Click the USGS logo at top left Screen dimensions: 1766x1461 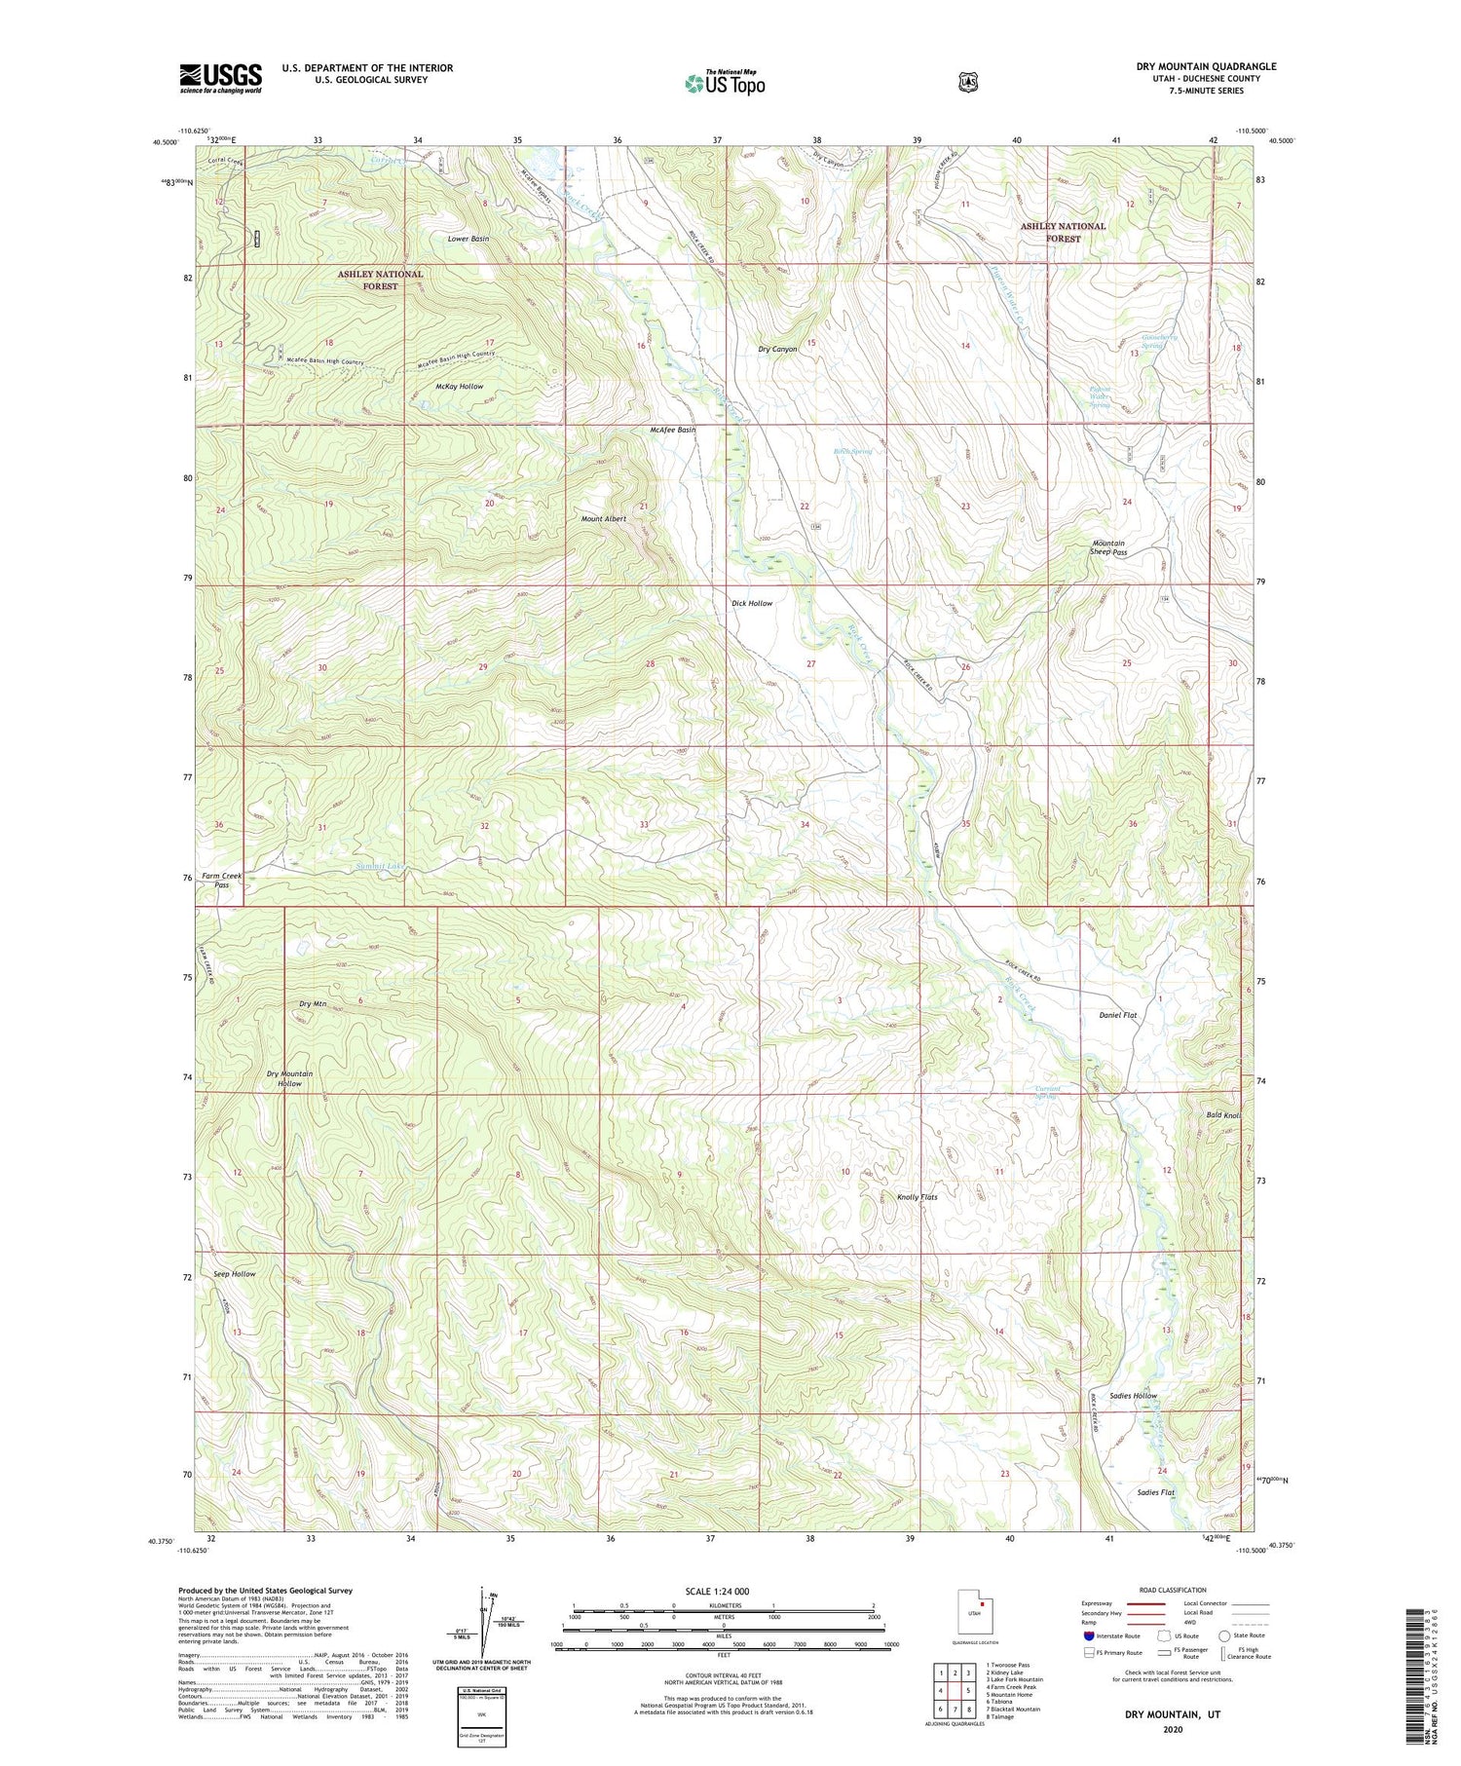click(220, 78)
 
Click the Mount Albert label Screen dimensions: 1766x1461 click(603, 519)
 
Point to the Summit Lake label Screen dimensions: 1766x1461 click(380, 866)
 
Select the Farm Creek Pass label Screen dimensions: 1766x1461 click(222, 881)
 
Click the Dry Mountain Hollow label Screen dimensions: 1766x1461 click(289, 1078)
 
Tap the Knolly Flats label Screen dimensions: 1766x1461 click(917, 1197)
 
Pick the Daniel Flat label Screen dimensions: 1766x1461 click(1117, 1015)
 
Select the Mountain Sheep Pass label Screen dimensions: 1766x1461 click(1108, 547)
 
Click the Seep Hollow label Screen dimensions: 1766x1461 click(235, 1274)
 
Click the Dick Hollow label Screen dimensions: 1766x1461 click(752, 603)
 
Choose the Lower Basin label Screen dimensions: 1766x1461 click(468, 239)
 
